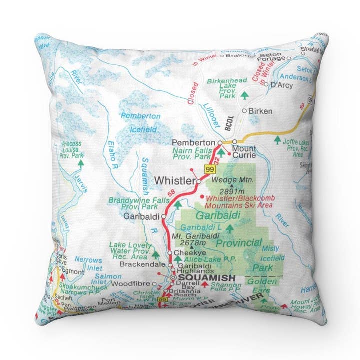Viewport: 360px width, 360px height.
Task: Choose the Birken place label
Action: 261,111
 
